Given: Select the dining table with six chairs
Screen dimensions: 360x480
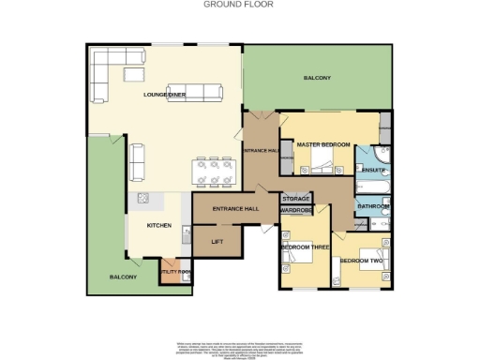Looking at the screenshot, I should click(x=214, y=170).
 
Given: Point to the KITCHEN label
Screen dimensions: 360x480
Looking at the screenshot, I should click(x=156, y=226).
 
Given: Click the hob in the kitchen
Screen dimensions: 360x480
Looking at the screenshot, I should click(x=143, y=199).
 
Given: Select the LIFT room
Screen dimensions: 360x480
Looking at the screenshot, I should click(x=216, y=242).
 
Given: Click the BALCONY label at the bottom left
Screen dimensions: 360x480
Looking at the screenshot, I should click(x=123, y=277).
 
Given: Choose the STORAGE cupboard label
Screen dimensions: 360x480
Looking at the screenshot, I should click(x=295, y=199).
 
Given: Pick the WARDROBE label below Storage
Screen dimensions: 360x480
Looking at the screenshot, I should click(x=295, y=210).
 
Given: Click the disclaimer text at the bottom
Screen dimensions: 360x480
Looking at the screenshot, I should click(x=239, y=346).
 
